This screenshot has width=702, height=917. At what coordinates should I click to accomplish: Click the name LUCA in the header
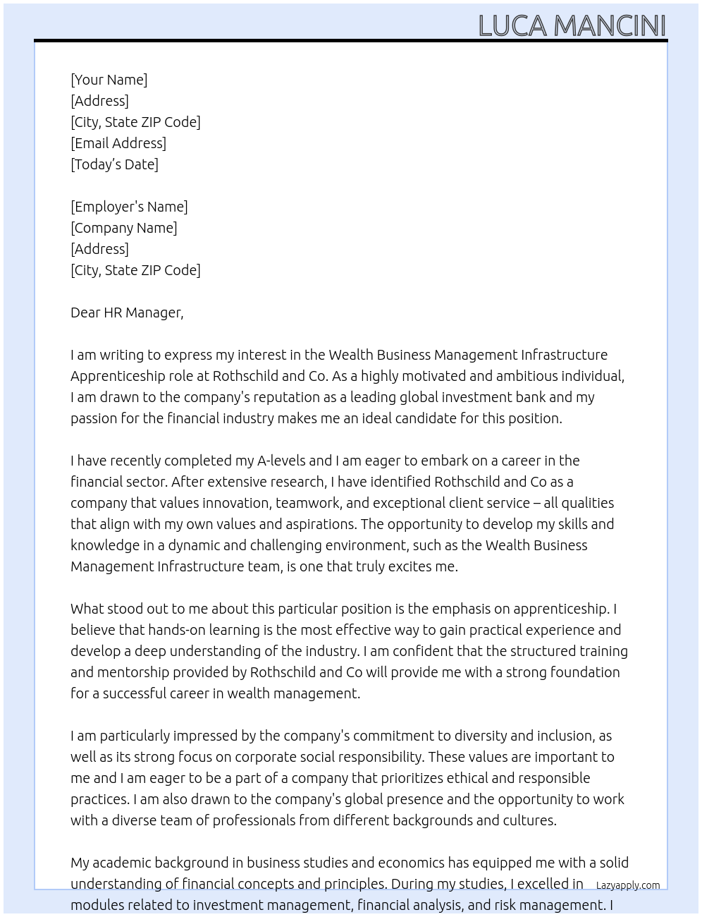[x=513, y=26]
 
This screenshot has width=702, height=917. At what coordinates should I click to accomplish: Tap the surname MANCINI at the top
[x=610, y=26]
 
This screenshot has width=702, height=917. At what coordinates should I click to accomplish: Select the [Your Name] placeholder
[x=109, y=80]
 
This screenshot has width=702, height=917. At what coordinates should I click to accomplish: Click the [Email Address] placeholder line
[x=118, y=143]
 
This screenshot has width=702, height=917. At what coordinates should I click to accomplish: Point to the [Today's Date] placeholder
[x=114, y=164]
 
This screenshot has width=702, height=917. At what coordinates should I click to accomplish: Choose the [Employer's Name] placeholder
[x=129, y=207]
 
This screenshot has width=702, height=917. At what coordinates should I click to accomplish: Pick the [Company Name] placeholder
[x=124, y=228]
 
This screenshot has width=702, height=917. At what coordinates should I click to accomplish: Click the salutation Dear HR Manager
[x=127, y=312]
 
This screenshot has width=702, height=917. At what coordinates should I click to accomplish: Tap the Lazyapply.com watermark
[x=628, y=885]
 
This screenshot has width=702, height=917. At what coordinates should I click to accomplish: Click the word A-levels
[x=281, y=461]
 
